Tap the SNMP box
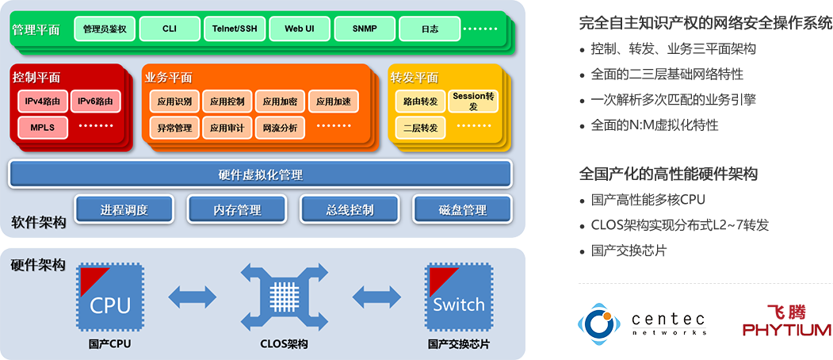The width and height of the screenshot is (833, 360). (x=365, y=29)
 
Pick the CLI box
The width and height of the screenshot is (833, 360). (x=169, y=29)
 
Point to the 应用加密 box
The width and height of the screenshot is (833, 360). (x=280, y=101)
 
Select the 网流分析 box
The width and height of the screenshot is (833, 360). (x=280, y=127)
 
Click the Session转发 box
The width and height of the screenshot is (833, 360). (x=473, y=101)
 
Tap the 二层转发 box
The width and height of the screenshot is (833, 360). (x=420, y=127)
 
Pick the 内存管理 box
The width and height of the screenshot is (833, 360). (x=237, y=210)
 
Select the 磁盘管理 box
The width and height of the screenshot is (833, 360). (x=462, y=210)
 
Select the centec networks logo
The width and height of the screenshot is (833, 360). (x=644, y=321)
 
